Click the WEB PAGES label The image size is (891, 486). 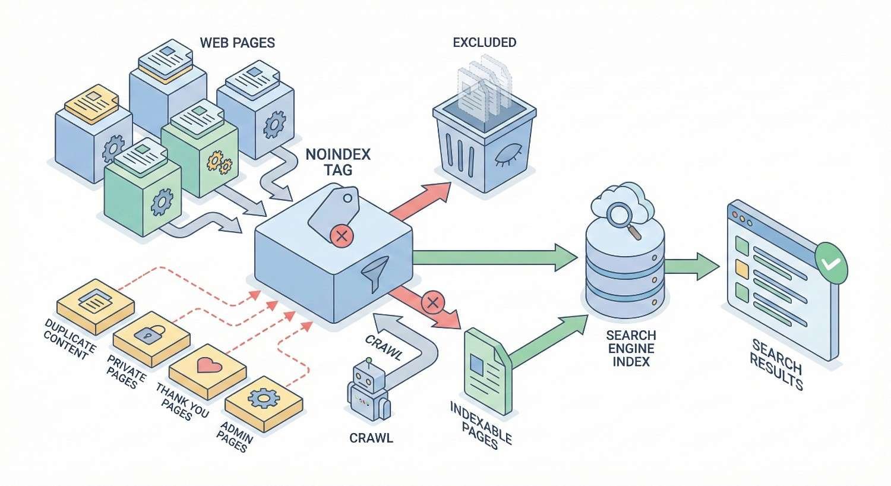(237, 43)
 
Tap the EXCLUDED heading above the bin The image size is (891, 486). (484, 43)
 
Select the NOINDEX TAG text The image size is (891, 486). (337, 162)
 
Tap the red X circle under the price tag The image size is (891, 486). (341, 237)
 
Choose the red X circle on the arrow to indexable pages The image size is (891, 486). (432, 303)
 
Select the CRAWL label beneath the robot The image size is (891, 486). (371, 438)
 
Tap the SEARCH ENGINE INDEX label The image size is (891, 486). (630, 348)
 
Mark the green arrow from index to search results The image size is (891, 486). (693, 266)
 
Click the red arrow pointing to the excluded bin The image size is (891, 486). (419, 201)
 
